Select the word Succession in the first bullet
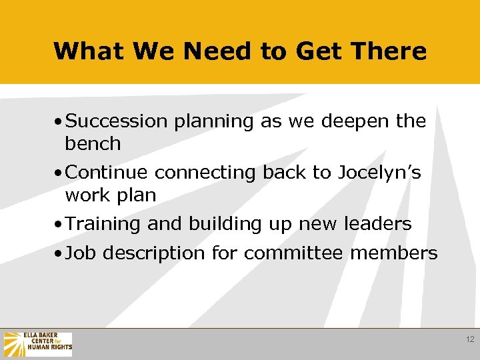point(117,121)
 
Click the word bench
point(93,143)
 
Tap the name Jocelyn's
point(379,173)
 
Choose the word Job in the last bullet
point(79,253)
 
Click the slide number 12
point(470,340)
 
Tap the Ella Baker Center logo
point(38,344)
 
